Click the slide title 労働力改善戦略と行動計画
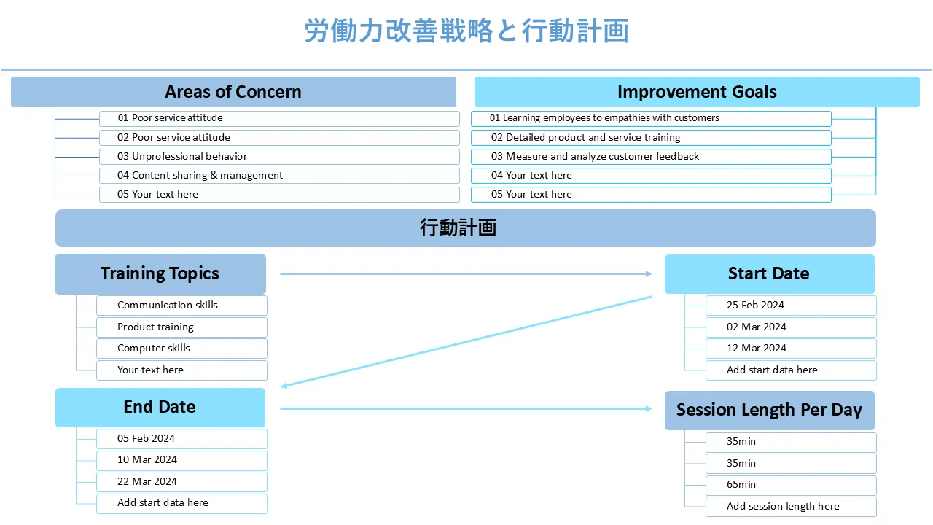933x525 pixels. pos(466,31)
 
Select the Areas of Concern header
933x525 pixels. pos(233,92)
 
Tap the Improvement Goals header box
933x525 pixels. pos(697,92)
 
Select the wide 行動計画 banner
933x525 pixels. pos(465,228)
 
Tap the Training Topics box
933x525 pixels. pos(160,273)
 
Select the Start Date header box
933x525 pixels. pos(769,273)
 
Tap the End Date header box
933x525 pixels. pos(160,407)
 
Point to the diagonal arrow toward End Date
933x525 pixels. pos(466,341)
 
